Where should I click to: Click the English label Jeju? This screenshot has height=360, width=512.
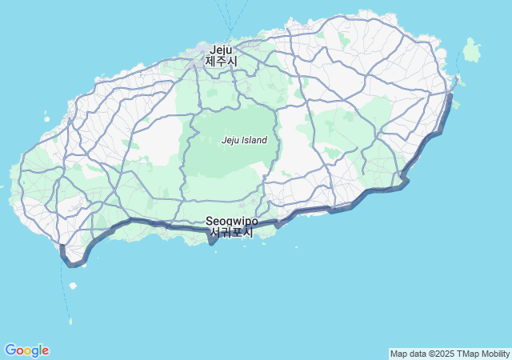(x=221, y=49)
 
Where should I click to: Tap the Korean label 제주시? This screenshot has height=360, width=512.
(x=221, y=61)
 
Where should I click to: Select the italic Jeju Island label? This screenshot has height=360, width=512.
(x=244, y=140)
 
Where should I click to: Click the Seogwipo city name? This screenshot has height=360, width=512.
(x=231, y=221)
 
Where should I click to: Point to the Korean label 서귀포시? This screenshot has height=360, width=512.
(x=231, y=233)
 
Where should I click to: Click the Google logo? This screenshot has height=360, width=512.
(x=26, y=350)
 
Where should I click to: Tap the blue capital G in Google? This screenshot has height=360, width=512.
(x=10, y=350)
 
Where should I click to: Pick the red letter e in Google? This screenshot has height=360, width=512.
(x=46, y=351)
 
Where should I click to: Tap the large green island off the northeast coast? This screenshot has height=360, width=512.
(x=472, y=50)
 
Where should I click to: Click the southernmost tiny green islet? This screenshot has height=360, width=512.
(x=70, y=322)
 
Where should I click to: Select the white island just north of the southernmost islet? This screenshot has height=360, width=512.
(x=73, y=308)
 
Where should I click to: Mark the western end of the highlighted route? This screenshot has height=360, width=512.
(x=62, y=247)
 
